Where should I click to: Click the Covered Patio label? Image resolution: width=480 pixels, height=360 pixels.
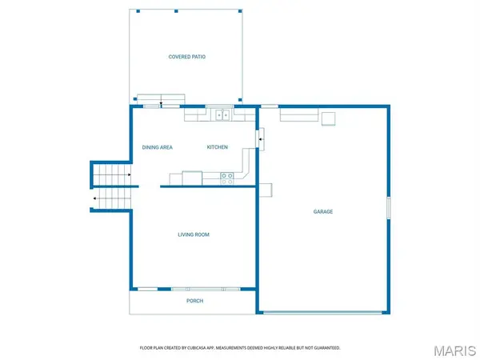[186, 57]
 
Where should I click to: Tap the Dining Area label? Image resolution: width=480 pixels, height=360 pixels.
[158, 147]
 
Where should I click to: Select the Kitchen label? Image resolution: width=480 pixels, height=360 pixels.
[218, 147]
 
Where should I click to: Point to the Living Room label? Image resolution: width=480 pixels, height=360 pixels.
[194, 234]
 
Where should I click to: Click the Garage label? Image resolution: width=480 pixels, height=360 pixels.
[323, 211]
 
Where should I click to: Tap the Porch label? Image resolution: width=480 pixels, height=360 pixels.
[194, 301]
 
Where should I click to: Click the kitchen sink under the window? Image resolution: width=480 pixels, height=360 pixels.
[222, 115]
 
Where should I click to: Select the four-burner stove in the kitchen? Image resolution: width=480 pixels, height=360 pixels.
[227, 178]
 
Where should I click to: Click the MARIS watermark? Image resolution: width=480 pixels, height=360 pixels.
[455, 351]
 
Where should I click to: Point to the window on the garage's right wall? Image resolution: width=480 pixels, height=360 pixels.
[389, 208]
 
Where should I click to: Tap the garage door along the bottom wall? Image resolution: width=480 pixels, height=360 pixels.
[322, 313]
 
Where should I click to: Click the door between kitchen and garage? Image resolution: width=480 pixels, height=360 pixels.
[260, 139]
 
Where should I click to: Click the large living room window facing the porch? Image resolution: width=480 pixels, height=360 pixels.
[206, 289]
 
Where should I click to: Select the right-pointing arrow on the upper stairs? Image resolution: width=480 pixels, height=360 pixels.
[130, 174]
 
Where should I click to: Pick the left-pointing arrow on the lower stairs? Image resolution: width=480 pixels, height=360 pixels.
[94, 198]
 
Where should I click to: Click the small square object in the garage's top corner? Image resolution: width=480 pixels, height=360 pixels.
[328, 118]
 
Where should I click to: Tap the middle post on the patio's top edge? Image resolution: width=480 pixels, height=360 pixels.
[176, 11]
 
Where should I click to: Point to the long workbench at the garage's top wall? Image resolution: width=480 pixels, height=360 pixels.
[299, 114]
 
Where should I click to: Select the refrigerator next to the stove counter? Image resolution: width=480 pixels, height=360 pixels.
[192, 178]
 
